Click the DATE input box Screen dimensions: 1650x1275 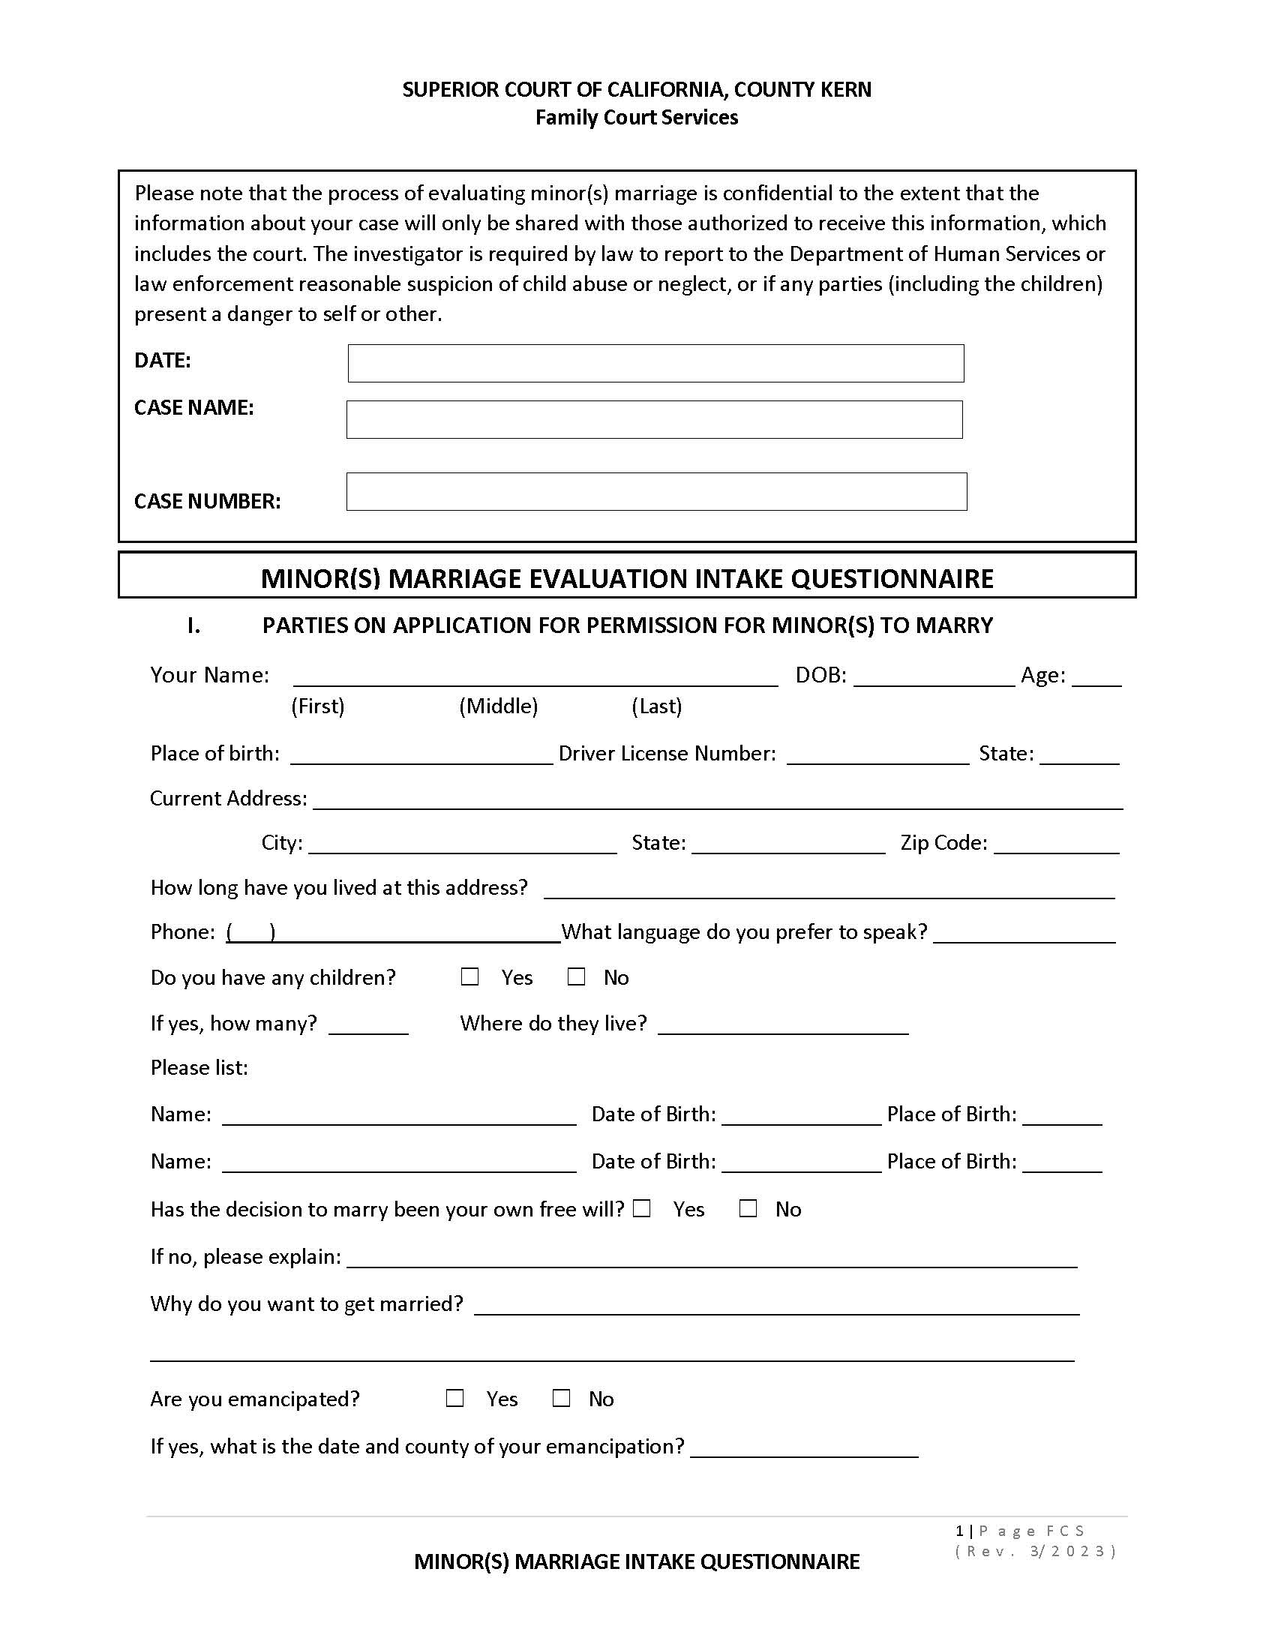[x=655, y=364]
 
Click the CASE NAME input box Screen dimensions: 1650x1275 [x=654, y=419]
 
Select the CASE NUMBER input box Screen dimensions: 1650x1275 [x=655, y=491]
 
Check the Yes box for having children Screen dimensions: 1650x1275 [x=469, y=976]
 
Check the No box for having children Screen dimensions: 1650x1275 [x=576, y=976]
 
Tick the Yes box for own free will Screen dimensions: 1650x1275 [x=642, y=1209]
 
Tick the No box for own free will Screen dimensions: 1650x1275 [x=748, y=1209]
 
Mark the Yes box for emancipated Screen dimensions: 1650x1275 [x=454, y=1399]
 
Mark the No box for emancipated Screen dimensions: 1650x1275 [x=561, y=1399]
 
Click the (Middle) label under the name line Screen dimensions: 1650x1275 [x=499, y=706]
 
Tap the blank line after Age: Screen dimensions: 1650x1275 [x=1096, y=679]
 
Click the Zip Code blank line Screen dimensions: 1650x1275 [x=1056, y=846]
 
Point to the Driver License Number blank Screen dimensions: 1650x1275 [x=877, y=757]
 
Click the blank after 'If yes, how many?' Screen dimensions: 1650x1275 [x=368, y=1027]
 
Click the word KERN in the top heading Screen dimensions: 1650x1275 [x=847, y=90]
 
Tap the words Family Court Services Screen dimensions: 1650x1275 [x=637, y=118]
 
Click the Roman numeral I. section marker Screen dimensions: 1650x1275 [x=194, y=625]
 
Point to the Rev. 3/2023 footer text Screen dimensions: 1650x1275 [x=1035, y=1552]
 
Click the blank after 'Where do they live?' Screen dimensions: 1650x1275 [x=783, y=1027]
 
